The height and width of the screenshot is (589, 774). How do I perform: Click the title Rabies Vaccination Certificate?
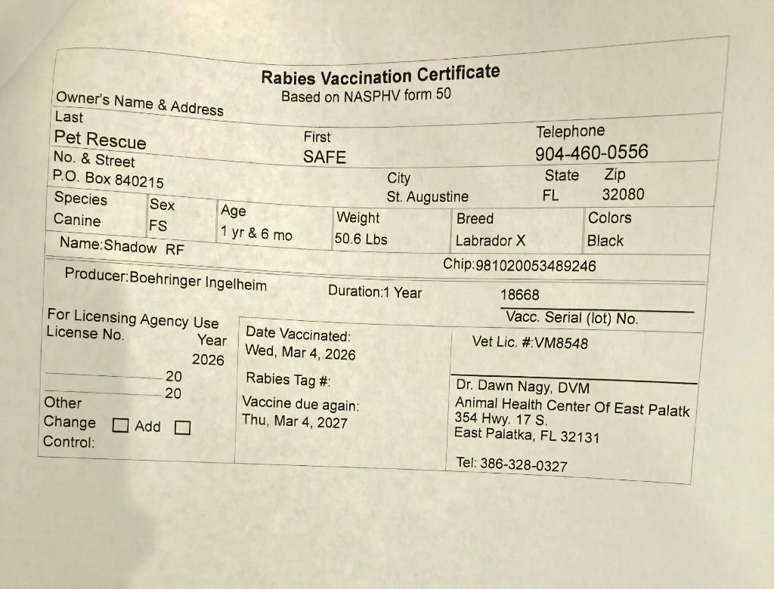pos(380,76)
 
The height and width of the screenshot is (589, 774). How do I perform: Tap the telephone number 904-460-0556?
pos(591,153)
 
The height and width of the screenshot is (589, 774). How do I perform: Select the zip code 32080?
pos(623,194)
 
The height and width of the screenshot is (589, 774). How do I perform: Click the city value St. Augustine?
pos(427,196)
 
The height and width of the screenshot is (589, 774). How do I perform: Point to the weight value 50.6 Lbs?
pos(361,239)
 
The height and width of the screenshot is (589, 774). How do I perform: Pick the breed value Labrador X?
pos(490,241)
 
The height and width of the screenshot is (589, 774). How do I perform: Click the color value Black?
pos(605,241)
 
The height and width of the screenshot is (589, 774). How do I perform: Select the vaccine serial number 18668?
pos(520,294)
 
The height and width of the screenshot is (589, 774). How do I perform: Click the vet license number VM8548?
pos(560,343)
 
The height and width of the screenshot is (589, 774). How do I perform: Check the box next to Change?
pos(119,425)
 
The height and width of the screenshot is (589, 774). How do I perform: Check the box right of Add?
pos(182,427)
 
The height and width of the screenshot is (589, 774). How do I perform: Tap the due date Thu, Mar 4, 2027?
pos(294,421)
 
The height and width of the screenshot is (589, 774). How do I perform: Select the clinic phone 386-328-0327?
pos(523,464)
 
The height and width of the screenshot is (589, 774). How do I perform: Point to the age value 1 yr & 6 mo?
pos(255,233)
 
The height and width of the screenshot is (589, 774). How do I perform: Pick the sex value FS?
pos(158,226)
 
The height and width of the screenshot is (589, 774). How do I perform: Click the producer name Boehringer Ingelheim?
pos(198,281)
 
